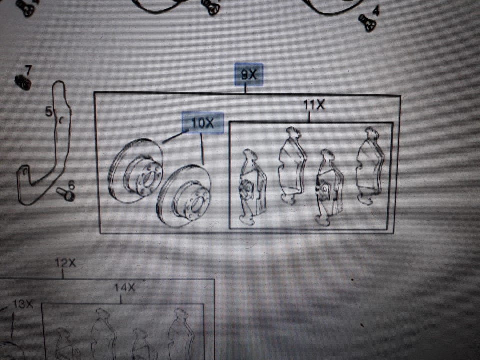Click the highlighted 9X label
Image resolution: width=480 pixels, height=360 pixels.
[249, 74]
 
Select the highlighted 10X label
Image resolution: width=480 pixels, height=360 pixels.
[203, 123]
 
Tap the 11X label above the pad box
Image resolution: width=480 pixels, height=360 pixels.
[314, 105]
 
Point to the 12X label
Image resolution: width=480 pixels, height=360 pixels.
[65, 263]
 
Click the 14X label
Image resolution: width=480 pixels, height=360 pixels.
[125, 288]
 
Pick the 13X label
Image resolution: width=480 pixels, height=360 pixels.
[23, 304]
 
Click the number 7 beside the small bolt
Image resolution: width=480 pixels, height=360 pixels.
[28, 70]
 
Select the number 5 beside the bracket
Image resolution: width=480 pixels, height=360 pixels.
[49, 111]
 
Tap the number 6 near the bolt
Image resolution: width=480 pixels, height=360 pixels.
[71, 185]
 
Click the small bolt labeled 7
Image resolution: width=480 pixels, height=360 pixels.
[23, 82]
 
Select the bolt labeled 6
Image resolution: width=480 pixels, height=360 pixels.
[66, 194]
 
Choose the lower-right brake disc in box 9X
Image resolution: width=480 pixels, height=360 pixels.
[184, 196]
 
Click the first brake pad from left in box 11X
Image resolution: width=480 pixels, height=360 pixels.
[252, 187]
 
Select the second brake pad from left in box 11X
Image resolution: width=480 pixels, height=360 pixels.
[293, 165]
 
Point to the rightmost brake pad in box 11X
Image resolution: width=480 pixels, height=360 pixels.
[370, 166]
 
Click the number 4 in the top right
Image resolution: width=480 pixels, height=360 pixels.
[376, 10]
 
